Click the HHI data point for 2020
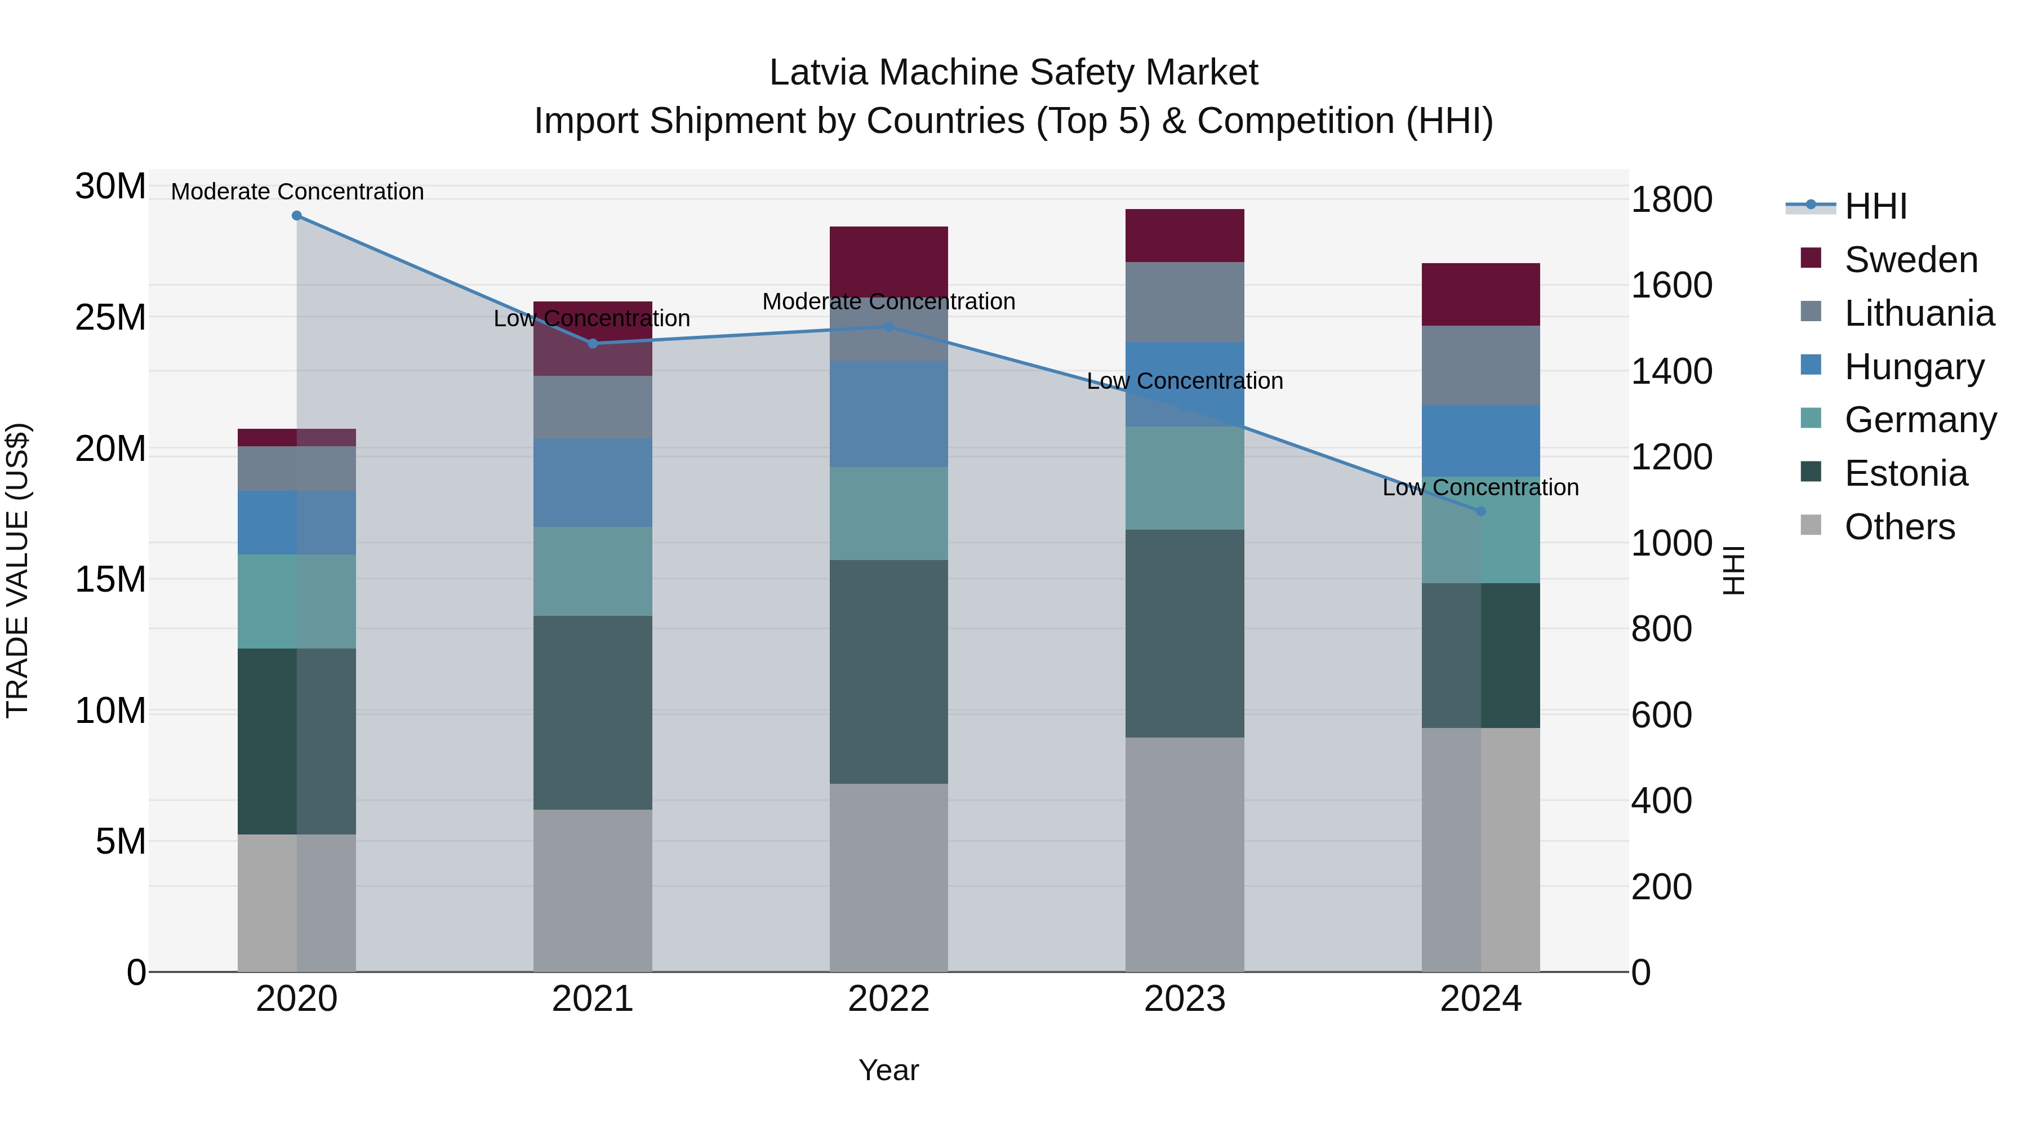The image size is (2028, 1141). pos(297,216)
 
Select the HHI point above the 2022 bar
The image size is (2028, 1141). pos(889,326)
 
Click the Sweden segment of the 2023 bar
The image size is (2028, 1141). pos(1184,236)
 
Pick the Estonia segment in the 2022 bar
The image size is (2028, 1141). pos(889,671)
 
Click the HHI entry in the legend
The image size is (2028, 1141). pos(1875,206)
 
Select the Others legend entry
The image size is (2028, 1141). pos(1899,527)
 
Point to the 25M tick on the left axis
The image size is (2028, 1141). pos(110,317)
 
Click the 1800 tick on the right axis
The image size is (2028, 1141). pos(1671,199)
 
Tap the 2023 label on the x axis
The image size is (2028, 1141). pos(1184,999)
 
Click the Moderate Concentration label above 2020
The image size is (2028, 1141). pos(297,192)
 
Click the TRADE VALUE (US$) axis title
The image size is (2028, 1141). pos(17,570)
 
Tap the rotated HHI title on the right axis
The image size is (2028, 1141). pos(1733,570)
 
